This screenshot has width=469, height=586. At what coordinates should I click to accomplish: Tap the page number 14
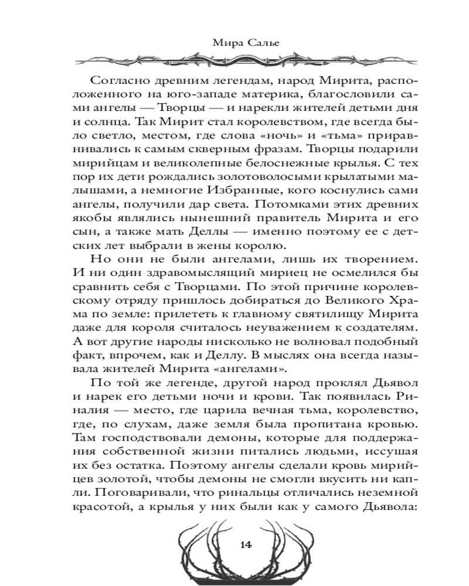coord(246,544)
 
